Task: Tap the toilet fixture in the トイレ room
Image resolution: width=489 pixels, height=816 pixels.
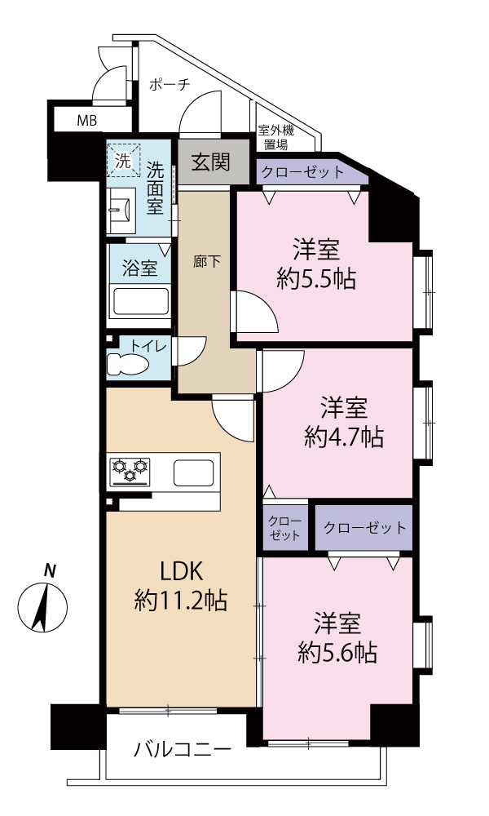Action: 127,364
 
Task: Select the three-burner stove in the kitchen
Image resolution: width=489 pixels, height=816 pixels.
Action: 130,472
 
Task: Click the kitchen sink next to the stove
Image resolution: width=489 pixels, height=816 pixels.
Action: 193,473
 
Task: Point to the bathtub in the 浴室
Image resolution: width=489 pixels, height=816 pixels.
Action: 141,301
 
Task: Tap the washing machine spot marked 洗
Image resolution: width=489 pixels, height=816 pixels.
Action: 123,160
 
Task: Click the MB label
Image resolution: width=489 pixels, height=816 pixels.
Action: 86,122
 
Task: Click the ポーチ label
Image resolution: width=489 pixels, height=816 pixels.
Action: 170,84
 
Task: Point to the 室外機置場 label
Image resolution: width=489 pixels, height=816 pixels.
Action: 276,137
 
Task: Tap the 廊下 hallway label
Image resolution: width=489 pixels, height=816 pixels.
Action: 207,261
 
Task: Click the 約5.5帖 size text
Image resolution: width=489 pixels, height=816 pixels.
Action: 316,281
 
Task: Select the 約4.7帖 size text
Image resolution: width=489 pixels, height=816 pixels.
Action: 344,437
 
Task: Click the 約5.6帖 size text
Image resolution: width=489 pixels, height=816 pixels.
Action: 337,653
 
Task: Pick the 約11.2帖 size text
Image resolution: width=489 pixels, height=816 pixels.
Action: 180,601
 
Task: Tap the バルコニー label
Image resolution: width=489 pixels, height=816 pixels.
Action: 183,751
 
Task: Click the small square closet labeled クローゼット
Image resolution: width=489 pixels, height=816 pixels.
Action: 285,528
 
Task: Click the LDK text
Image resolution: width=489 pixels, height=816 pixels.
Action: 180,572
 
